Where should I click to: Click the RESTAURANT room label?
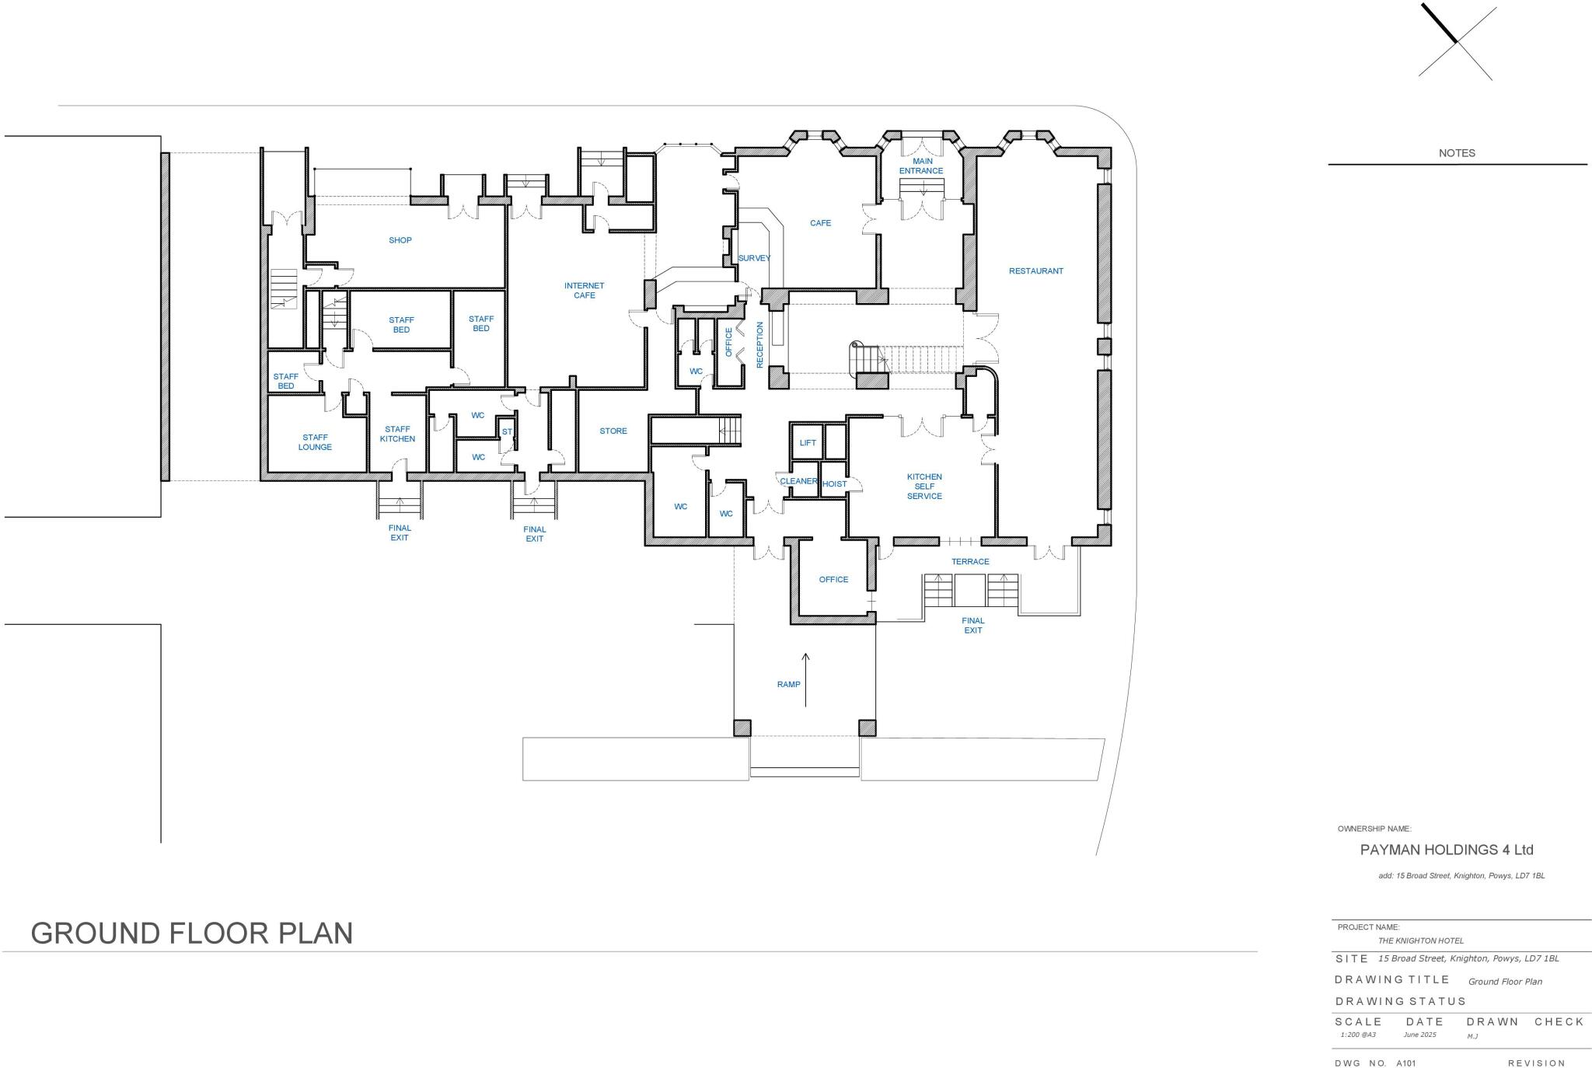point(1035,271)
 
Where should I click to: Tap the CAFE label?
point(820,223)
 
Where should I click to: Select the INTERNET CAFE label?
point(584,291)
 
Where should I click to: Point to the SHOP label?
point(400,240)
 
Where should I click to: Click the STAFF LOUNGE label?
point(315,442)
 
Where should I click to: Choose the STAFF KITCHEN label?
point(397,434)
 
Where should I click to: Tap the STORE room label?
point(613,431)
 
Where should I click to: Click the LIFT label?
point(808,443)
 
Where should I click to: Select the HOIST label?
point(834,484)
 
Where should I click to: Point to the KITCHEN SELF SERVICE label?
point(924,487)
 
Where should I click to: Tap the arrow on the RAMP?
point(805,679)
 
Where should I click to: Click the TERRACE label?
point(970,562)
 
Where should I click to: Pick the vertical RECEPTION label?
point(759,344)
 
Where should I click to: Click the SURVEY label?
point(754,258)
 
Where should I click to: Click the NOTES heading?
point(1457,153)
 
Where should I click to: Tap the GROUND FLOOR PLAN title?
point(192,933)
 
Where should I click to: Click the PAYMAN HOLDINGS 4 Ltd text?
point(1447,850)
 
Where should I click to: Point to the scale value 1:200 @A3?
point(1358,1035)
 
